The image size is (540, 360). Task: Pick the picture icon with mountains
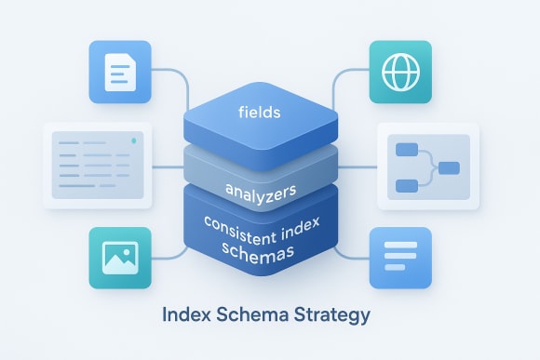(x=120, y=257)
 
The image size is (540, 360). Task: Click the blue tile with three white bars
(x=400, y=257)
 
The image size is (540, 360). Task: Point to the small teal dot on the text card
(x=136, y=140)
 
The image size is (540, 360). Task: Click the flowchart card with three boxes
(x=426, y=167)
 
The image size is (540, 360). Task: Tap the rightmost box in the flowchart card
(x=449, y=168)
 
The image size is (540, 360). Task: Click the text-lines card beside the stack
(x=99, y=164)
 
